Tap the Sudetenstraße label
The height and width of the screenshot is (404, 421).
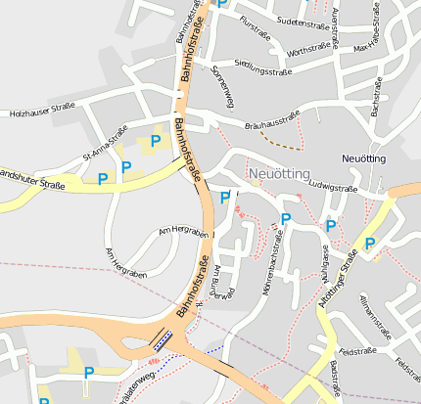tap(303, 21)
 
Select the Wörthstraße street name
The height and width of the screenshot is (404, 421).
tap(308, 48)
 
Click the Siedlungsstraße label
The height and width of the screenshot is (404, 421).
tap(257, 70)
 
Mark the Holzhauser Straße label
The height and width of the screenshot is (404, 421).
tap(41, 111)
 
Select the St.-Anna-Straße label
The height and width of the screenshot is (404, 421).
tap(106, 146)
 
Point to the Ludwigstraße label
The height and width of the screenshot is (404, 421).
tap(333, 185)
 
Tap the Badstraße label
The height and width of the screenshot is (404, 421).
tap(337, 377)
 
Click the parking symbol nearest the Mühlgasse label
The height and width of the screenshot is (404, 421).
tap(331, 226)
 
